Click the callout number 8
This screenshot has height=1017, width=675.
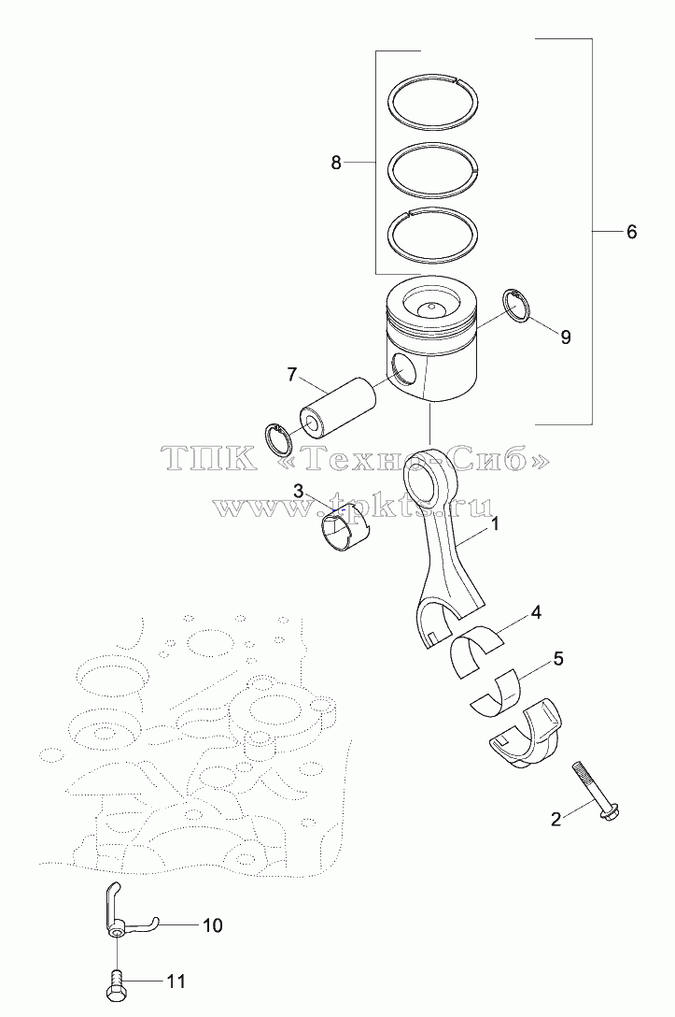click(335, 162)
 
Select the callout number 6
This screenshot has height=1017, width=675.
click(631, 232)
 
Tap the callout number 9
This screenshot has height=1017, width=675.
click(566, 337)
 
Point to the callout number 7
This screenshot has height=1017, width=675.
click(291, 374)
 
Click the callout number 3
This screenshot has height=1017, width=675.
click(299, 491)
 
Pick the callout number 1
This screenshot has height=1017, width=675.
click(494, 524)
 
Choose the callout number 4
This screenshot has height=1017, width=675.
click(536, 612)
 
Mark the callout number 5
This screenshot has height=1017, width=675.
click(558, 659)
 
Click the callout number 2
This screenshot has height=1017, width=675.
click(555, 819)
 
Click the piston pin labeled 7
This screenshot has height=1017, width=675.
click(337, 407)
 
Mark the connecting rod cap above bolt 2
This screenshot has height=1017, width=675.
click(525, 734)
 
